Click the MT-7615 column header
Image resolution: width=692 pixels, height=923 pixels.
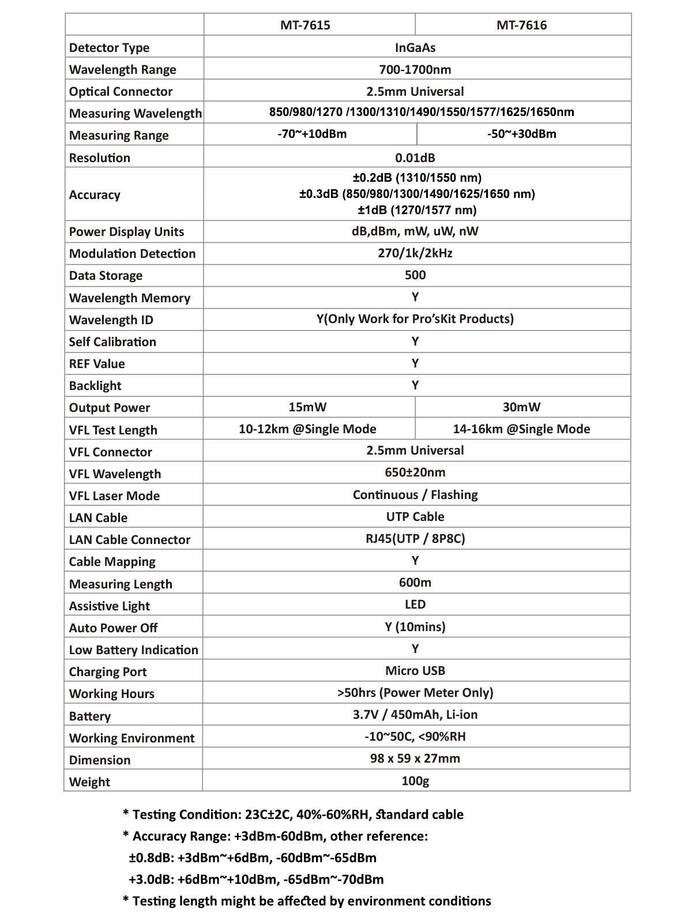coord(305,25)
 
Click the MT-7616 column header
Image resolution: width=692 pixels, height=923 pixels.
coord(521,25)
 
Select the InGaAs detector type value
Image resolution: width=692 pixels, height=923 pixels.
coord(415,47)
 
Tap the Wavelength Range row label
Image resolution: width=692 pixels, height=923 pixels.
coord(122,70)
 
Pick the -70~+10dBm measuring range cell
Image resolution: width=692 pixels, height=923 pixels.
coord(312,134)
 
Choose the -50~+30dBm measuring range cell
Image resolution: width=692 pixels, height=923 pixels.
coord(521,134)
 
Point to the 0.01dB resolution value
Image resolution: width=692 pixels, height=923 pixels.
coord(415,157)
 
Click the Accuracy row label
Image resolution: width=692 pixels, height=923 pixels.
coord(95,194)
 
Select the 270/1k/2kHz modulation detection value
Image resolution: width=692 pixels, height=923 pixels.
coord(415,253)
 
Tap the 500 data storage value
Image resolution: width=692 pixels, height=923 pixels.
coord(415,275)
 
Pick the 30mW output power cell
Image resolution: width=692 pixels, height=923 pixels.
coord(521,407)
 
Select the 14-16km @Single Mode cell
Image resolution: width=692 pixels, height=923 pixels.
coord(521,429)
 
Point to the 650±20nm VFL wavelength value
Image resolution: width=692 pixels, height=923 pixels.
coord(415,472)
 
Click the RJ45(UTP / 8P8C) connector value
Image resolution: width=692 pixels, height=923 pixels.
coord(415,539)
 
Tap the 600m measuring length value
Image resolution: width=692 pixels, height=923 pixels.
coord(415,583)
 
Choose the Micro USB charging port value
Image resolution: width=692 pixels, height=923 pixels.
coord(415,671)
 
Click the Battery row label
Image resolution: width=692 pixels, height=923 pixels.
coord(89,716)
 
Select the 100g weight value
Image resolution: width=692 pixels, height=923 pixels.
coord(415,781)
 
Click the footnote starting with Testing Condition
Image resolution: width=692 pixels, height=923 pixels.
coord(293,815)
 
